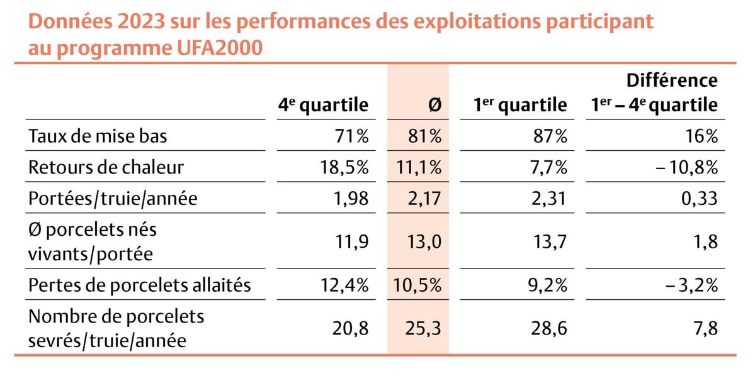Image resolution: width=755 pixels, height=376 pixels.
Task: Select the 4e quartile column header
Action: tap(324, 105)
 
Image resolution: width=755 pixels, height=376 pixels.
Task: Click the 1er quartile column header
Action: tap(520, 105)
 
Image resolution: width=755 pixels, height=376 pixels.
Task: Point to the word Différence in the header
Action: tap(672, 80)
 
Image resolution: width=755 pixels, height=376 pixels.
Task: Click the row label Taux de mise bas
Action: tap(98, 136)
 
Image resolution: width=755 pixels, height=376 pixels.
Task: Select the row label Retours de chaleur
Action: tap(106, 167)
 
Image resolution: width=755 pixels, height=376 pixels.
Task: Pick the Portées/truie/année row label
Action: tap(113, 199)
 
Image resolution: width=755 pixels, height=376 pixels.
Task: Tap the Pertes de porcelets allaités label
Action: tap(140, 285)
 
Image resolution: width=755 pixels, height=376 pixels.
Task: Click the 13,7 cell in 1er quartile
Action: tap(552, 241)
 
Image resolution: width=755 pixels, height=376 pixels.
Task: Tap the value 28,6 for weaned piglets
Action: tap(552, 328)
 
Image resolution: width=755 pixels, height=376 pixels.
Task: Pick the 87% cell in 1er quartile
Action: tap(552, 136)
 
